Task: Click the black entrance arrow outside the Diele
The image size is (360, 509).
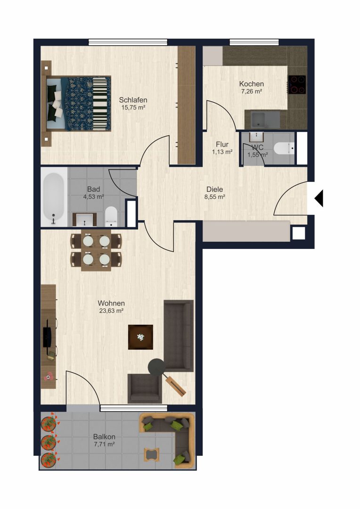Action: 319,198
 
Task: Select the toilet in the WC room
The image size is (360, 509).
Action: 284,148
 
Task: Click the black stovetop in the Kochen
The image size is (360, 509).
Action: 297,85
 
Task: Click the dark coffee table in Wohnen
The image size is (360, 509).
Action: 140,337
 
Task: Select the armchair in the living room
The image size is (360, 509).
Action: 145,388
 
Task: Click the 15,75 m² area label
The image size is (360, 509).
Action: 133,108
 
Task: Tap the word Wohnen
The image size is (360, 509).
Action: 111,303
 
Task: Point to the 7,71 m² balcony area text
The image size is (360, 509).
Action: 104,444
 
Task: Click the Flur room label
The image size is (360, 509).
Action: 222,144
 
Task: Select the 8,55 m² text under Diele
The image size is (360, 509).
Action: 215,197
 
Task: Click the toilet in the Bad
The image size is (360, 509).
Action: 111,216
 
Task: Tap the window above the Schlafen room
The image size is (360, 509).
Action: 128,42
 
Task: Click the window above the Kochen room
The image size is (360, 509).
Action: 254,42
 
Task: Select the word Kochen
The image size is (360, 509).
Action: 252,84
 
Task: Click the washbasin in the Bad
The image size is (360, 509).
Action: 84,219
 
